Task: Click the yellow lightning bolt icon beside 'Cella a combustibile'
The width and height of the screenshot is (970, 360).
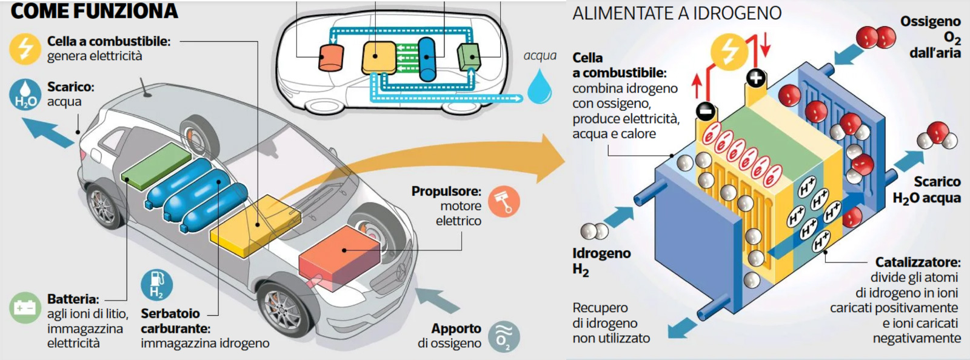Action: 25,48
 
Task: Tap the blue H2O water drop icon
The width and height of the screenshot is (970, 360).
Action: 25,95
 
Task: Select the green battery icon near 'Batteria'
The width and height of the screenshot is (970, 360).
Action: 25,307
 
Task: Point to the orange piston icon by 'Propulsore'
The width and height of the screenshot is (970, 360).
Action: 504,201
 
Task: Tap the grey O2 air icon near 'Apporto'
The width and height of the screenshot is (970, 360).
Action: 503,336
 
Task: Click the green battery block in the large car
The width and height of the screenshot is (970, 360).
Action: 156,163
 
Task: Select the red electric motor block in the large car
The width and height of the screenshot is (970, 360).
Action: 339,255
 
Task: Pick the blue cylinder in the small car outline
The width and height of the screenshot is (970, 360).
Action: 427,59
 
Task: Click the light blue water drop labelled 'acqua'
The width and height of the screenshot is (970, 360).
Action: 539,86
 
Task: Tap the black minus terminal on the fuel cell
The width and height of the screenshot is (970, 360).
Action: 705,111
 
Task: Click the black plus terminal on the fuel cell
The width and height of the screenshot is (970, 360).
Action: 755,78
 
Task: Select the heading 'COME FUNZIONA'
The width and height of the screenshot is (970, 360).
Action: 94,11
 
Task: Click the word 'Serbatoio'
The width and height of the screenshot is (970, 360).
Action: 170,313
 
